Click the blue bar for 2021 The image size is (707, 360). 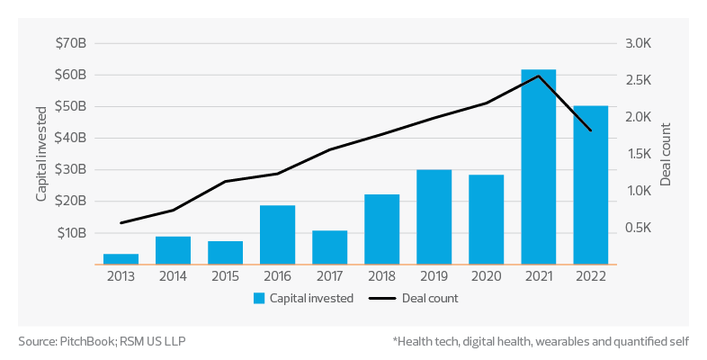click(x=539, y=167)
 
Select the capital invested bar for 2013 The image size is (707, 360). click(x=121, y=259)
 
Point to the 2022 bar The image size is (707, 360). click(x=591, y=185)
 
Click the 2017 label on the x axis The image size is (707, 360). click(x=330, y=277)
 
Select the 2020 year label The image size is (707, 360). click(x=487, y=277)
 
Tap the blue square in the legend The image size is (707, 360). click(x=259, y=298)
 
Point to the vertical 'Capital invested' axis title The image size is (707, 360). click(x=41, y=153)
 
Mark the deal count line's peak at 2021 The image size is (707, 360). click(x=538, y=76)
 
